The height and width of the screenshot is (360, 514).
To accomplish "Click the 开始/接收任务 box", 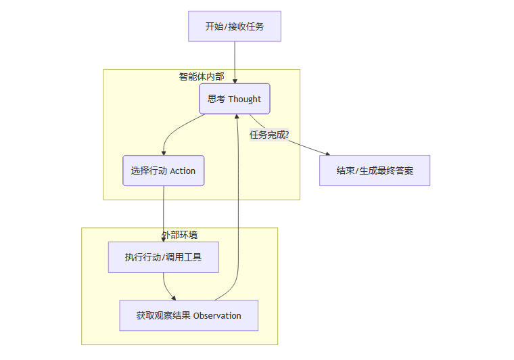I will pyautogui.click(x=234, y=27).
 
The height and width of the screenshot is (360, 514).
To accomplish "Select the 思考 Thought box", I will pyautogui.click(x=234, y=99).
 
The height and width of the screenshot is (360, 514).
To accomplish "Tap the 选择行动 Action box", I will pyautogui.click(x=163, y=171).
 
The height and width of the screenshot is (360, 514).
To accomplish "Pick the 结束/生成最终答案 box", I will pyautogui.click(x=375, y=171).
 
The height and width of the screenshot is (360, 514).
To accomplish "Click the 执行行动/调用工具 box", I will pyautogui.click(x=163, y=257).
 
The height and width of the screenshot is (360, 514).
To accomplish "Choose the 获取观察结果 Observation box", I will pyautogui.click(x=189, y=315).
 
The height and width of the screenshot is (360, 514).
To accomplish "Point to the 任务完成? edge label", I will pyautogui.click(x=269, y=134).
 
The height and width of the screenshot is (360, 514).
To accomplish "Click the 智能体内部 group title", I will pyautogui.click(x=201, y=76).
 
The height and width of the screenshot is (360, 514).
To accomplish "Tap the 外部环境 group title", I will pyautogui.click(x=179, y=235).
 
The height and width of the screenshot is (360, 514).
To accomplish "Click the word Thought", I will pyautogui.click(x=244, y=99).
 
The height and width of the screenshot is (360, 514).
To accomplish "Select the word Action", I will pyautogui.click(x=183, y=171).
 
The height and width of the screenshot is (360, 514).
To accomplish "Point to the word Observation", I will pyautogui.click(x=217, y=316).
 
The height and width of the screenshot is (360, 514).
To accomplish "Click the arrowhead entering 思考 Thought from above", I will pyautogui.click(x=235, y=81).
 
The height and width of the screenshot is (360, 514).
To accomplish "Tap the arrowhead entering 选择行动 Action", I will pyautogui.click(x=164, y=153).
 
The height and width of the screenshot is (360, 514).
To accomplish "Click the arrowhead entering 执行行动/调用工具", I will pyautogui.click(x=164, y=240).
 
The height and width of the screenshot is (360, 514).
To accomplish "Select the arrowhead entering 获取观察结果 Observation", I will pyautogui.click(x=174, y=298).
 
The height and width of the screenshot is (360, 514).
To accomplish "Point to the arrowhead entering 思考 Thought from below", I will pyautogui.click(x=237, y=117).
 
